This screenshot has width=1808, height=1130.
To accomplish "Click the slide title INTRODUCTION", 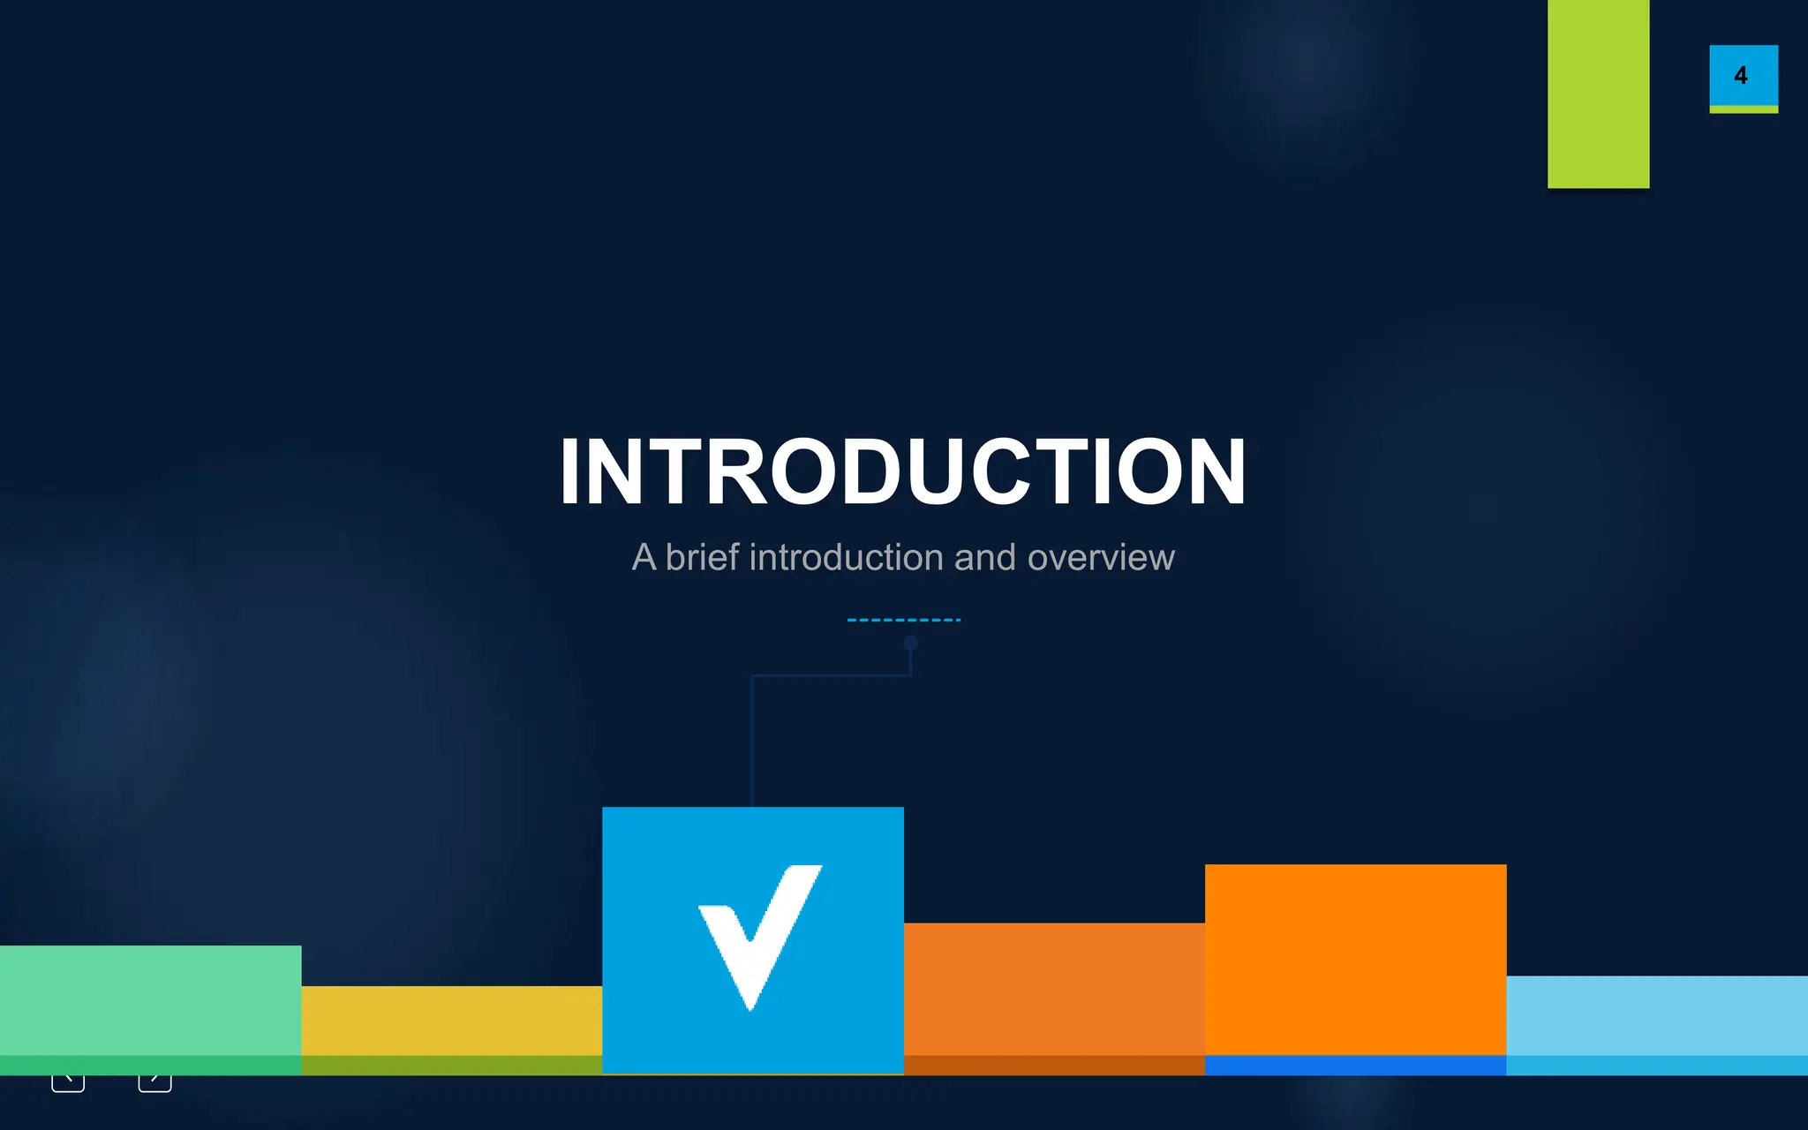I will click(902, 471).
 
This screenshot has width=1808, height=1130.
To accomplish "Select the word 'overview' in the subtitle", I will click(1101, 558).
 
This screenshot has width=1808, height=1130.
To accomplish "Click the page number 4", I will click(1741, 76).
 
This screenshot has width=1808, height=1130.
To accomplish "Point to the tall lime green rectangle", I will click(1598, 93).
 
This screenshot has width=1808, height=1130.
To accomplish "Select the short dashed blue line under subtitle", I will click(903, 620).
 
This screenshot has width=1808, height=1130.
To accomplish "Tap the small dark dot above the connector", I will click(911, 644).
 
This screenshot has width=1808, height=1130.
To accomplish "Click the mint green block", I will click(150, 1000).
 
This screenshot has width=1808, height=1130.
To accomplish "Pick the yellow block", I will click(451, 1021).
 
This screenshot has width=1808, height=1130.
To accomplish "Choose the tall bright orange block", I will click(1355, 959).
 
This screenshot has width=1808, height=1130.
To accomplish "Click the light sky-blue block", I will click(1656, 1015).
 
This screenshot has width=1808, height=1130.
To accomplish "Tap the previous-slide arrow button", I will click(68, 1081).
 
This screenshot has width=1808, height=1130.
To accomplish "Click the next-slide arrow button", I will click(154, 1081).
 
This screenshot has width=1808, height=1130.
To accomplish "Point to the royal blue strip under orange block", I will click(1355, 1065).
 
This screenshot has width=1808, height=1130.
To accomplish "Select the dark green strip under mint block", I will click(150, 1065).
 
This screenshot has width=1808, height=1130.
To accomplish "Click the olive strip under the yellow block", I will click(451, 1065).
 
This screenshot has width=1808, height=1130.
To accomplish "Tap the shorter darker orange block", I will click(1054, 989).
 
